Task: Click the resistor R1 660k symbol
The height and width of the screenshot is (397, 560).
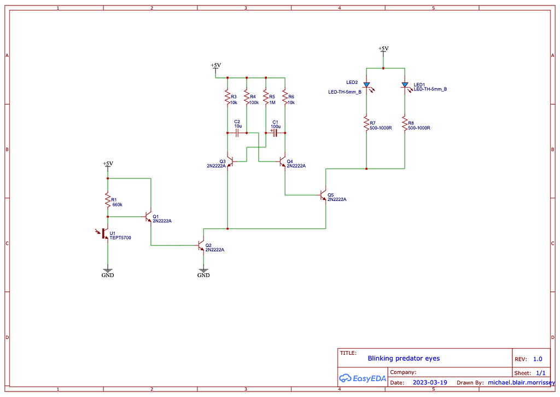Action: tap(108, 202)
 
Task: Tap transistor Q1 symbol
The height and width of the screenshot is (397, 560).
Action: tap(148, 217)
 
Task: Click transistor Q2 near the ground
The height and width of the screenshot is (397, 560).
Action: tap(201, 246)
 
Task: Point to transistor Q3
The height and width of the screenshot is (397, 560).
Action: tap(230, 162)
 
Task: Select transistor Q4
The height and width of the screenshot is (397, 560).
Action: tap(283, 162)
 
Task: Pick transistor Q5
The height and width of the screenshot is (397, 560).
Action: tap(324, 195)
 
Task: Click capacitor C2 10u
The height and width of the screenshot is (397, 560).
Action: tap(237, 133)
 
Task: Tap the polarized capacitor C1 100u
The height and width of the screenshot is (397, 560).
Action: tap(275, 133)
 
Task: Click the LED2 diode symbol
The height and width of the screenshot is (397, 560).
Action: tap(366, 85)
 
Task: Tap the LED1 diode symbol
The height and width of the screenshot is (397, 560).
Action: tap(405, 85)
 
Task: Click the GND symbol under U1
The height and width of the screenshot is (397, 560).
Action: tap(108, 271)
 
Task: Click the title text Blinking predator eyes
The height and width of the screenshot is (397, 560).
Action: tap(404, 359)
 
